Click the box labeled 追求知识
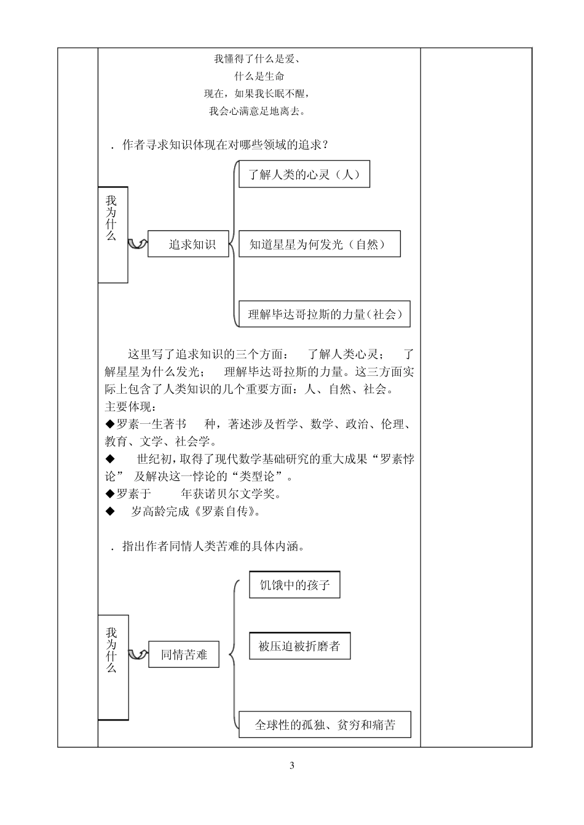click(188, 244)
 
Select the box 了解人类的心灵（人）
click(304, 174)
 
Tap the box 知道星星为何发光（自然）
click(319, 244)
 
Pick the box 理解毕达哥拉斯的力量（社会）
click(324, 315)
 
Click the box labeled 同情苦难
click(184, 655)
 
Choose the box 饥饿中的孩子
click(294, 585)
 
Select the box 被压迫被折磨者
click(299, 646)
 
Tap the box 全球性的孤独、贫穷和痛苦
click(325, 725)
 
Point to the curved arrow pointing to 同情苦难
click(138, 655)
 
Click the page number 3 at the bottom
click(292, 765)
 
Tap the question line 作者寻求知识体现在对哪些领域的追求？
click(224, 145)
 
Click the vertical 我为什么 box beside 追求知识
click(112, 235)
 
